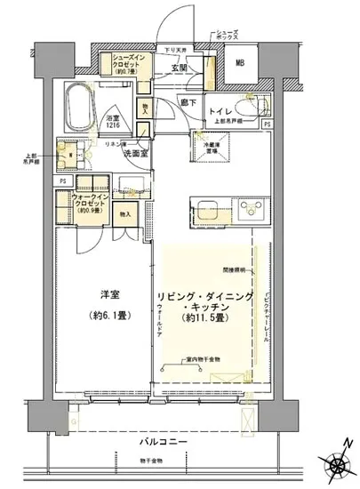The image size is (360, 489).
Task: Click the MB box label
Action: tap(239, 62)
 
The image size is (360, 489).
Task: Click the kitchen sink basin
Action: tap(211, 213)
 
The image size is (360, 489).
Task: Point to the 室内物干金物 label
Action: tap(197, 359)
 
